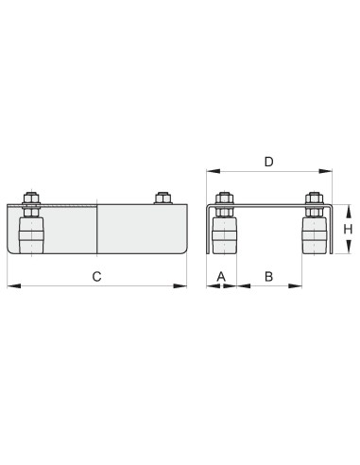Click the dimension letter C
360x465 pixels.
[96, 276]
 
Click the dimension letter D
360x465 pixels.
[268, 162]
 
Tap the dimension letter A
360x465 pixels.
[221, 277]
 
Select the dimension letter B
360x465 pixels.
[268, 277]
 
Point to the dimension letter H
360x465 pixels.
[348, 230]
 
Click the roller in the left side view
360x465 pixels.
[31, 235]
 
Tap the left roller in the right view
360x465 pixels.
[224, 235]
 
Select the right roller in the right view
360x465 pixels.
[314, 235]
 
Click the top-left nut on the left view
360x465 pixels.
[31, 198]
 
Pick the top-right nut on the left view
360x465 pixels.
[163, 198]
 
